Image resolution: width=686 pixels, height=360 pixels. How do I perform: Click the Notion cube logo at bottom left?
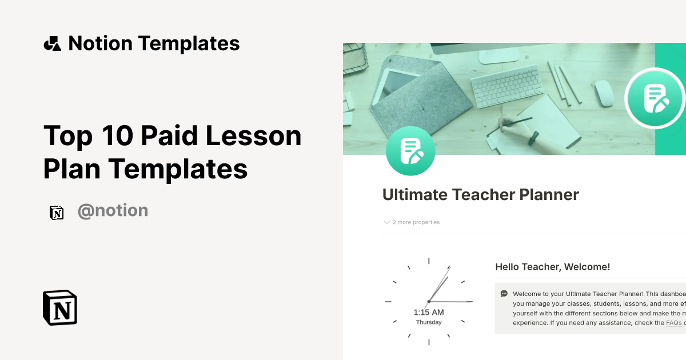[x=60, y=308]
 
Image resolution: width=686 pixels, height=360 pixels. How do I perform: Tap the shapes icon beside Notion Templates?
[x=53, y=43]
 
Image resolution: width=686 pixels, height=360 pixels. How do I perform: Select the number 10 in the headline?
[x=111, y=136]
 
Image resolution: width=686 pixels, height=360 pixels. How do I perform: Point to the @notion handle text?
[x=113, y=211]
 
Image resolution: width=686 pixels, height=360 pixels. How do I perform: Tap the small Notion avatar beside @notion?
[x=57, y=213]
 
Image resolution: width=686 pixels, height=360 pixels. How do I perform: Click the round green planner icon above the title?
[x=410, y=151]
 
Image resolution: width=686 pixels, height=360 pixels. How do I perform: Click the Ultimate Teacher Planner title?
[x=480, y=195]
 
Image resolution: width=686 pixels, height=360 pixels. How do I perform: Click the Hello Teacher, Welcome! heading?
[x=552, y=267]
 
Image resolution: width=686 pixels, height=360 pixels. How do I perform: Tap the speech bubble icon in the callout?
[x=504, y=294]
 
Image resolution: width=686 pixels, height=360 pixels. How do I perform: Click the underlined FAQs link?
[x=673, y=323]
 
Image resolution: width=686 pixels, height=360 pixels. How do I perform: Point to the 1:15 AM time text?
[x=429, y=312]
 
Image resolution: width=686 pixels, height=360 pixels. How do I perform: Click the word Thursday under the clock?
[x=429, y=322]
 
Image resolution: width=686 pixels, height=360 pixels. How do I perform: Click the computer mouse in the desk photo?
[x=604, y=93]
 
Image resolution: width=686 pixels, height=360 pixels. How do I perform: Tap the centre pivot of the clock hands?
[x=429, y=301]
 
